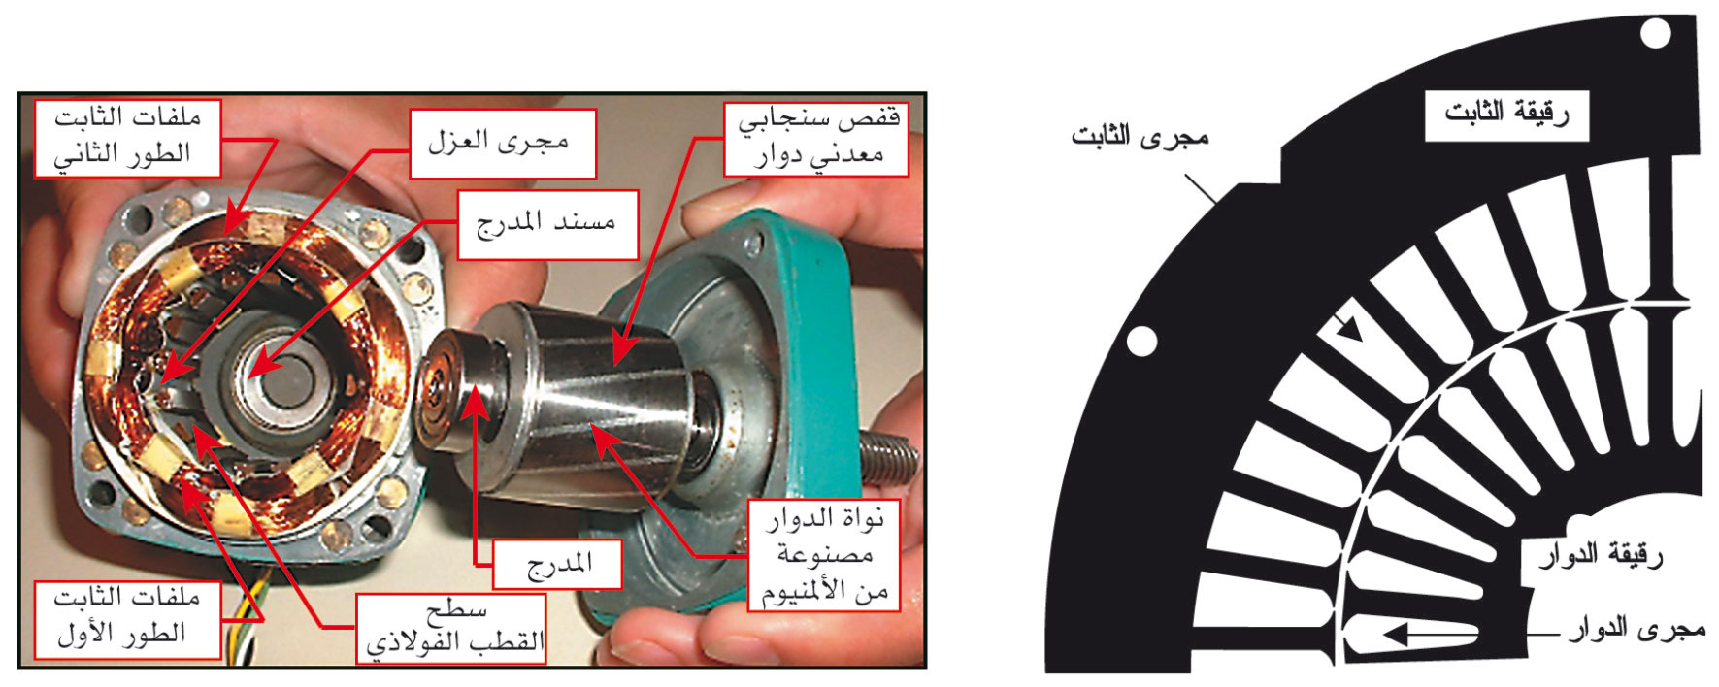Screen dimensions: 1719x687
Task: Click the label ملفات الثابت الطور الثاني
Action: [x=128, y=137]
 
